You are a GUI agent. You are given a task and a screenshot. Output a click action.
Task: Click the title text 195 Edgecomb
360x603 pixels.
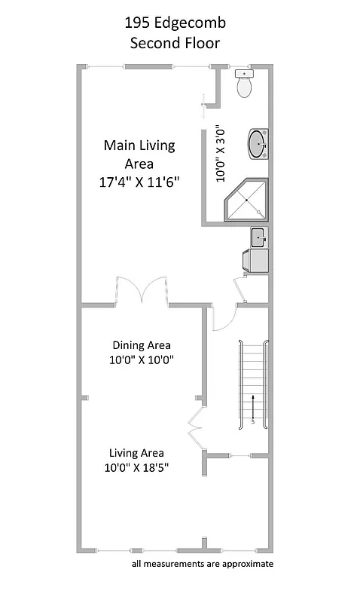(175, 23)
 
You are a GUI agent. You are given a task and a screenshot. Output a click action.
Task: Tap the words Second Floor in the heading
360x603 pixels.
(175, 43)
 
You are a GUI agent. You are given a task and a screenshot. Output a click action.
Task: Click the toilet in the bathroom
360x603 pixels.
(244, 84)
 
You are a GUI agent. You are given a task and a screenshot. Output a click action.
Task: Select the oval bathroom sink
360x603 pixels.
(258, 143)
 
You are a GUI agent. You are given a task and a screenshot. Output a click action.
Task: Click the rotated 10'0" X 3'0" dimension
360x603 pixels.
(221, 154)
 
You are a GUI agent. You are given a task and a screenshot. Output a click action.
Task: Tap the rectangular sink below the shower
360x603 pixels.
(258, 238)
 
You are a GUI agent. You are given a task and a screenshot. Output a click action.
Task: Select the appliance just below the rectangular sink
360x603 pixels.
(255, 260)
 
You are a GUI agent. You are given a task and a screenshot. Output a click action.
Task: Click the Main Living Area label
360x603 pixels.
(139, 155)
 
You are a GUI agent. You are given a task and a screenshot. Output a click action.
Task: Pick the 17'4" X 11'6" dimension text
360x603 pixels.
(139, 182)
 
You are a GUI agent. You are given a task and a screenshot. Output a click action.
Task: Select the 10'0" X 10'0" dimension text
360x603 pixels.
(142, 360)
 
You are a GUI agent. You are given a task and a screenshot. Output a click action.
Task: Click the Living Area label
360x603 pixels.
(136, 453)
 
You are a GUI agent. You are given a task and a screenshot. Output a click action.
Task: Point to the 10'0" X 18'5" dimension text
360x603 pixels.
(136, 468)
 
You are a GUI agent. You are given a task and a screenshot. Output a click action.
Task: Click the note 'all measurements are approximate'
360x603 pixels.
(202, 563)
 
